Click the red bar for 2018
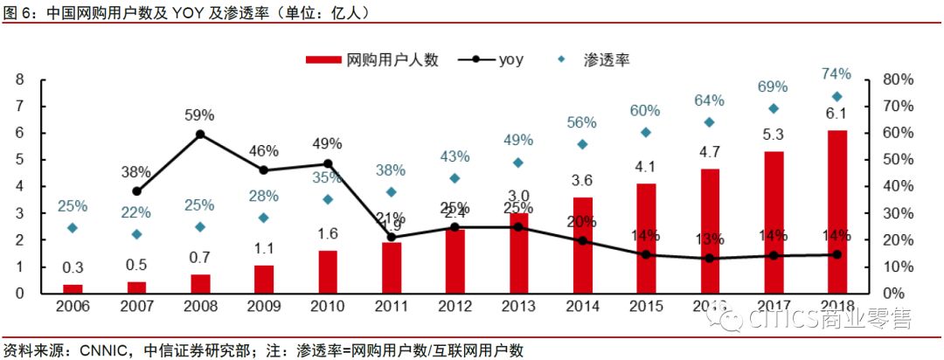pyautogui.click(x=836, y=211)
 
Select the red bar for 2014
pyautogui.click(x=582, y=245)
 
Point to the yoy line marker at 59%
pyautogui.click(x=200, y=135)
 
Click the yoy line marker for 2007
pyautogui.click(x=136, y=190)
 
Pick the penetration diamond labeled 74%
pyautogui.click(x=836, y=96)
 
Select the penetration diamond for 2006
pyautogui.click(x=73, y=227)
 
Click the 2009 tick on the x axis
pyautogui.click(x=264, y=307)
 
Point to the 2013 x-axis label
pyautogui.click(x=518, y=307)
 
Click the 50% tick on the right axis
pyautogui.click(x=897, y=160)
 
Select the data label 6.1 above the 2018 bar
pyautogui.click(x=836, y=114)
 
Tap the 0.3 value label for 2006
pyautogui.click(x=73, y=267)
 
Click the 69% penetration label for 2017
pyautogui.click(x=773, y=87)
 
